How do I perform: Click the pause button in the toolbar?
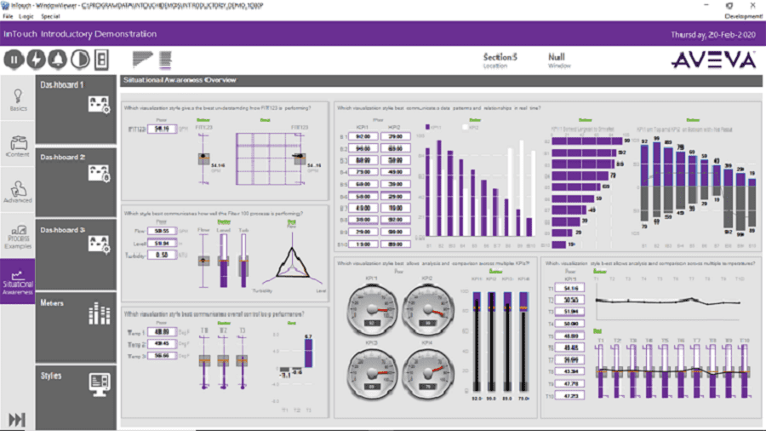pos(14,60)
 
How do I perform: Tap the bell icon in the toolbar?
pos(57,60)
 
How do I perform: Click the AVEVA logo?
pos(713,60)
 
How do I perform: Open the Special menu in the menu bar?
pos(50,16)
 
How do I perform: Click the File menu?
pos(8,16)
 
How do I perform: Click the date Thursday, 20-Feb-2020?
pos(713,34)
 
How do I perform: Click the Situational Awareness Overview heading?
pos(180,80)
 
